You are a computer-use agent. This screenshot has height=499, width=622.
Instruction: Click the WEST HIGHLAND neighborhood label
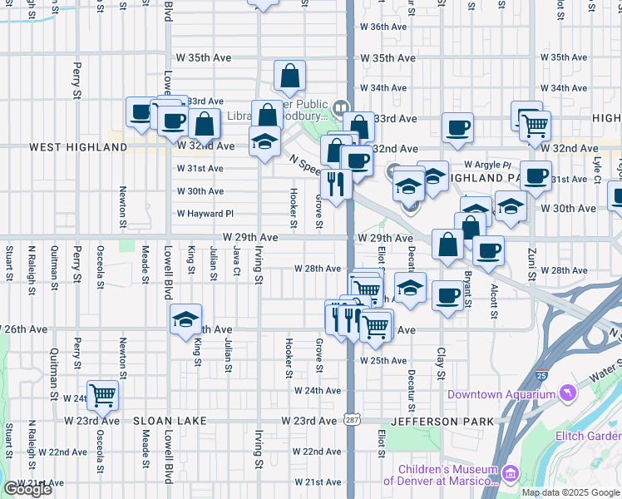click(x=78, y=147)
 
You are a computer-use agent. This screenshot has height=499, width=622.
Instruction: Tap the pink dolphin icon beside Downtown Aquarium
click(x=568, y=392)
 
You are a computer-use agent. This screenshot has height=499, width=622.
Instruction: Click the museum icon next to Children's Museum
click(x=511, y=474)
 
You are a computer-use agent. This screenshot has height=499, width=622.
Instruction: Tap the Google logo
click(x=27, y=489)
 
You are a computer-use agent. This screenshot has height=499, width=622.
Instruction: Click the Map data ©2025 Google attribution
click(x=570, y=492)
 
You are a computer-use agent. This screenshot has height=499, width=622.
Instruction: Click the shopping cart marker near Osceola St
click(x=103, y=394)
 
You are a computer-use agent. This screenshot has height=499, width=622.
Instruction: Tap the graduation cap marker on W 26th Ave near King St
click(x=186, y=319)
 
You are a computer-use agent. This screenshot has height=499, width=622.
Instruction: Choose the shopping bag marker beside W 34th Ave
click(x=289, y=77)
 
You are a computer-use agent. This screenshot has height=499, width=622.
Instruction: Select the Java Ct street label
click(x=236, y=259)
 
